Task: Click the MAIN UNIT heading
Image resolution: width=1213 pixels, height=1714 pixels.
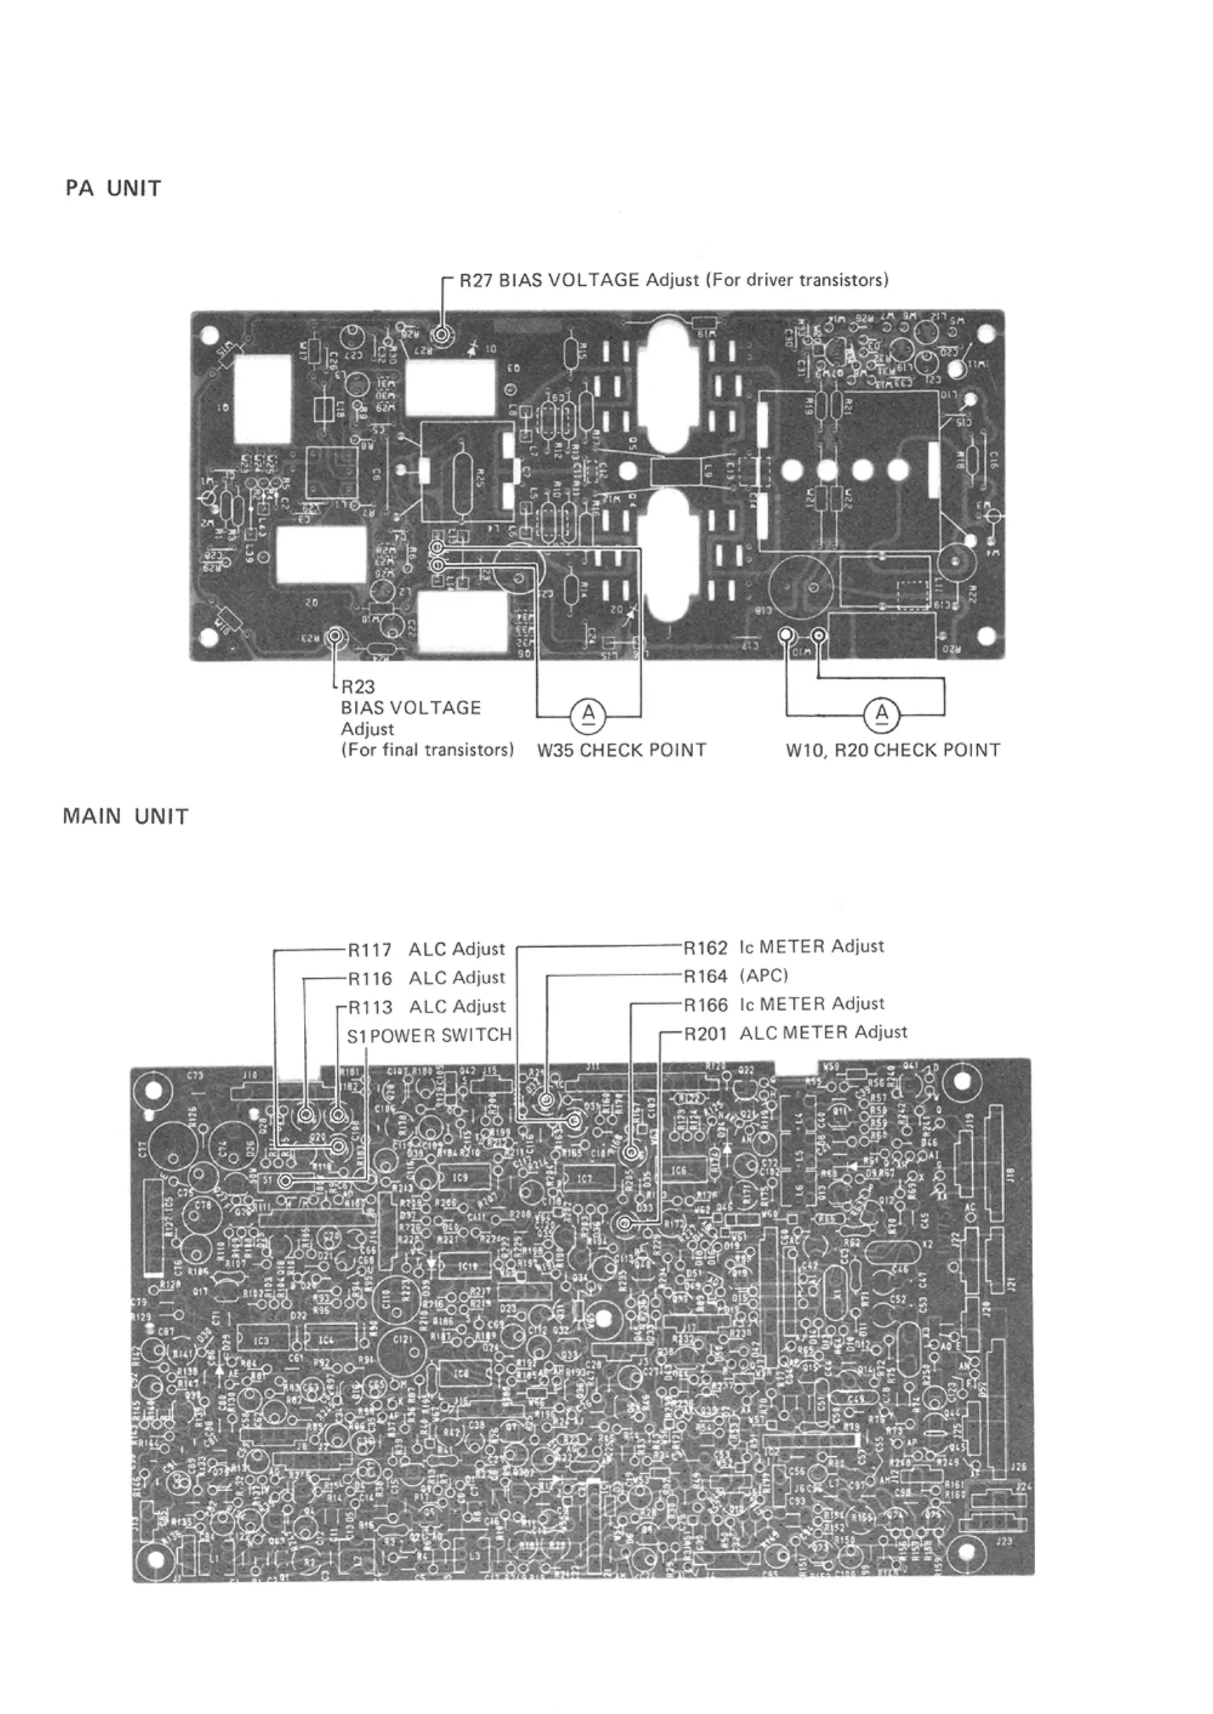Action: pos(126,816)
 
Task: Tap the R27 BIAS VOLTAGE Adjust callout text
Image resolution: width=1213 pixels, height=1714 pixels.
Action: pos(673,280)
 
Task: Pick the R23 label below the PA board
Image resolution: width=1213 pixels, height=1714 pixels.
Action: pos(358,687)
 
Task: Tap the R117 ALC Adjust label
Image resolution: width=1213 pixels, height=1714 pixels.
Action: pos(426,950)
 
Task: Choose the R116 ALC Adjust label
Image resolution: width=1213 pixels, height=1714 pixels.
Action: pos(426,978)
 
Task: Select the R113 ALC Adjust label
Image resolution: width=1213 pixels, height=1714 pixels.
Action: pos(426,1007)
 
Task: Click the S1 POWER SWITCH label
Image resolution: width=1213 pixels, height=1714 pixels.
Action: pos(429,1035)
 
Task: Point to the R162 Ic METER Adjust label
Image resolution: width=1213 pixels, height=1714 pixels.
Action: pos(784,947)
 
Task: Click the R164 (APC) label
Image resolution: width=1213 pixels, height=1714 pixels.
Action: pos(736,975)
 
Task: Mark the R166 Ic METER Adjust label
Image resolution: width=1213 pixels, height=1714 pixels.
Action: pos(784,1004)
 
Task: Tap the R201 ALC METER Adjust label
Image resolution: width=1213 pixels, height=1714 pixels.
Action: pos(796,1033)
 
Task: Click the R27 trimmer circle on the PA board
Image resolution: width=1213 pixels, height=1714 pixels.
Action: pos(442,335)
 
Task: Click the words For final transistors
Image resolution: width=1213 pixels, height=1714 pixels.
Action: pos(427,749)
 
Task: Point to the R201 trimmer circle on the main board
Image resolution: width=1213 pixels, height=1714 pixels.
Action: pos(623,1223)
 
